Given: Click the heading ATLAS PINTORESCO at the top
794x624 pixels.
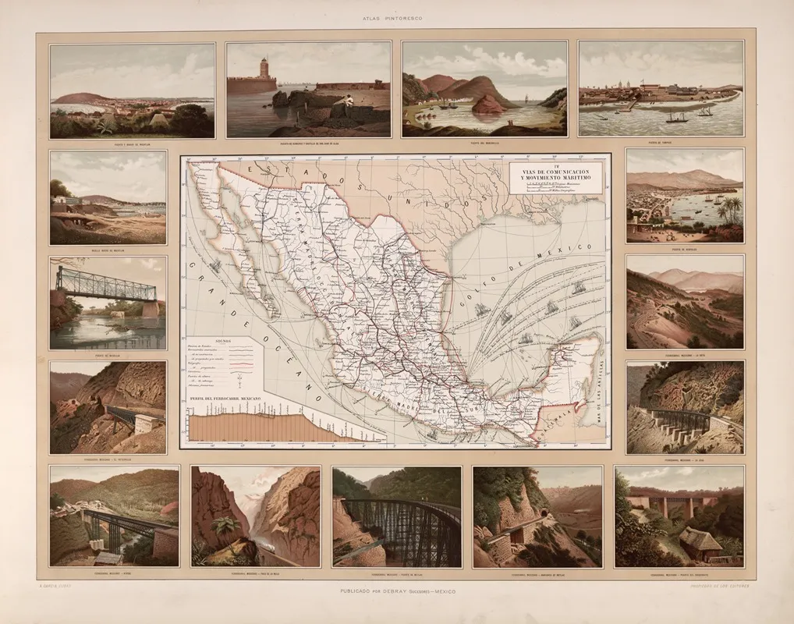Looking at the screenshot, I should (x=396, y=17).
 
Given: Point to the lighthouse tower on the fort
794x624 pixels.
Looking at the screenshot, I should (x=264, y=69).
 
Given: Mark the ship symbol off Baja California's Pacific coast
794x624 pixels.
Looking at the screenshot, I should (x=214, y=265).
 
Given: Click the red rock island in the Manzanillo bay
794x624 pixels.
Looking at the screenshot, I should (x=488, y=105).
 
